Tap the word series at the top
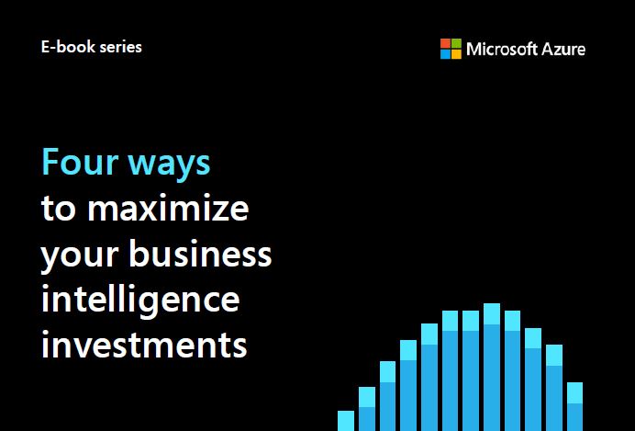point(121,47)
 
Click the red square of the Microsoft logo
point(445,43)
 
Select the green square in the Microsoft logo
point(456,43)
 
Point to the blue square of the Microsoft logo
point(445,54)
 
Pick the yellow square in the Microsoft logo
point(456,54)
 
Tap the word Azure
point(563,49)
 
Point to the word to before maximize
point(59,209)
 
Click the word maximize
point(168,207)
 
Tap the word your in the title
point(80,255)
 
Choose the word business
point(200,253)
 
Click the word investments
point(144,345)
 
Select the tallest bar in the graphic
point(492,368)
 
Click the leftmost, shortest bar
point(346,421)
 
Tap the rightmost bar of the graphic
point(574,407)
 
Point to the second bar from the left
point(367,409)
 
